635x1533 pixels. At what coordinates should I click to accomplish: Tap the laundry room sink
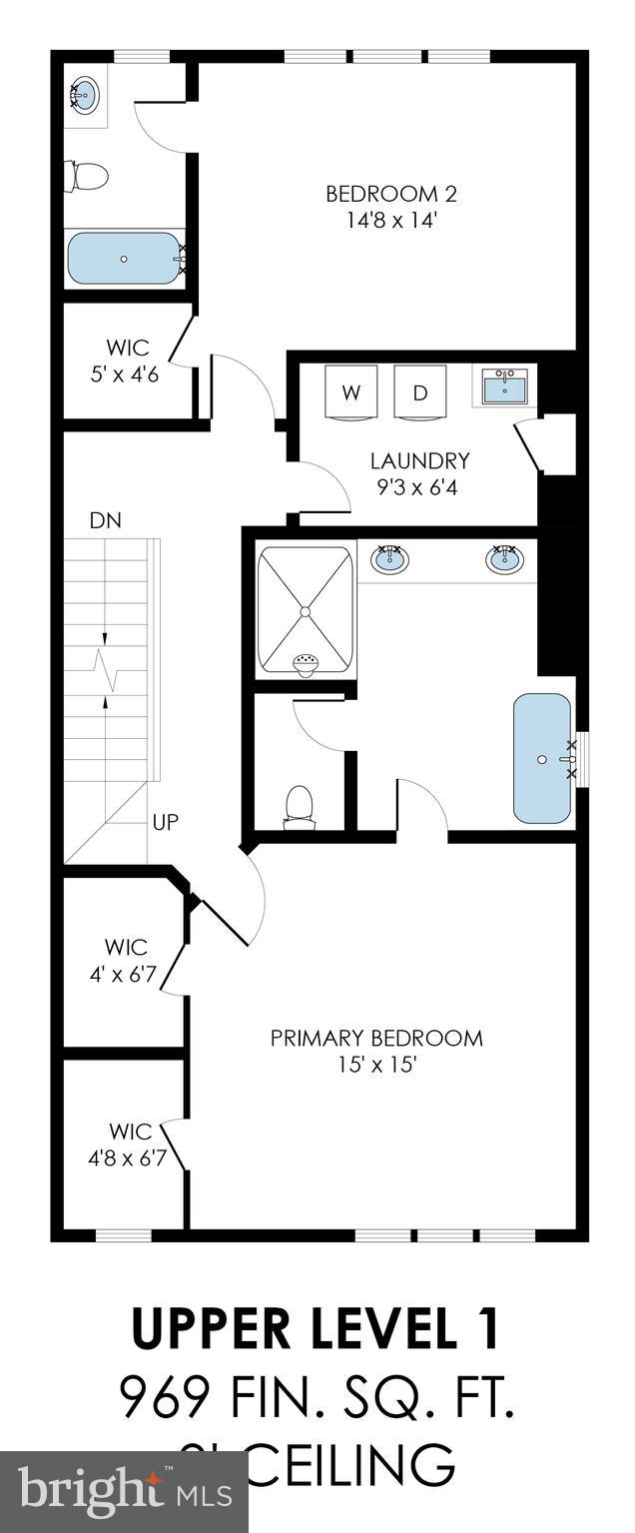(505, 385)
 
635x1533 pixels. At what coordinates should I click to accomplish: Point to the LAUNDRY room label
(419, 472)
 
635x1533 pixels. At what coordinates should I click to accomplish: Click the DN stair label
(105, 520)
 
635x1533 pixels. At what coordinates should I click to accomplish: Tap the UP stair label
(166, 823)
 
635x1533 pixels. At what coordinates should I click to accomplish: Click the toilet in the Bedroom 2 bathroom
(87, 178)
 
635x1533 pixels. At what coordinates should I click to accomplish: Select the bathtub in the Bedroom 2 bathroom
(124, 258)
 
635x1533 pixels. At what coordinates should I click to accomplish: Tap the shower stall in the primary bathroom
(306, 610)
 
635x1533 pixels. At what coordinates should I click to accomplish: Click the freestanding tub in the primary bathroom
(542, 759)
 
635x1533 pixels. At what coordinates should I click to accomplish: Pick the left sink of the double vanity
(389, 560)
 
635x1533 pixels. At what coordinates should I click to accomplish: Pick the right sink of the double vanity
(505, 560)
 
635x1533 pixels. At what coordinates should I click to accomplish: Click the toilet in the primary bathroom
(299, 806)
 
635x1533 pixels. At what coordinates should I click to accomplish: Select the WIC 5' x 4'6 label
(128, 359)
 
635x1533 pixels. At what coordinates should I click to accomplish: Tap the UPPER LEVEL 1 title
(316, 1329)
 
